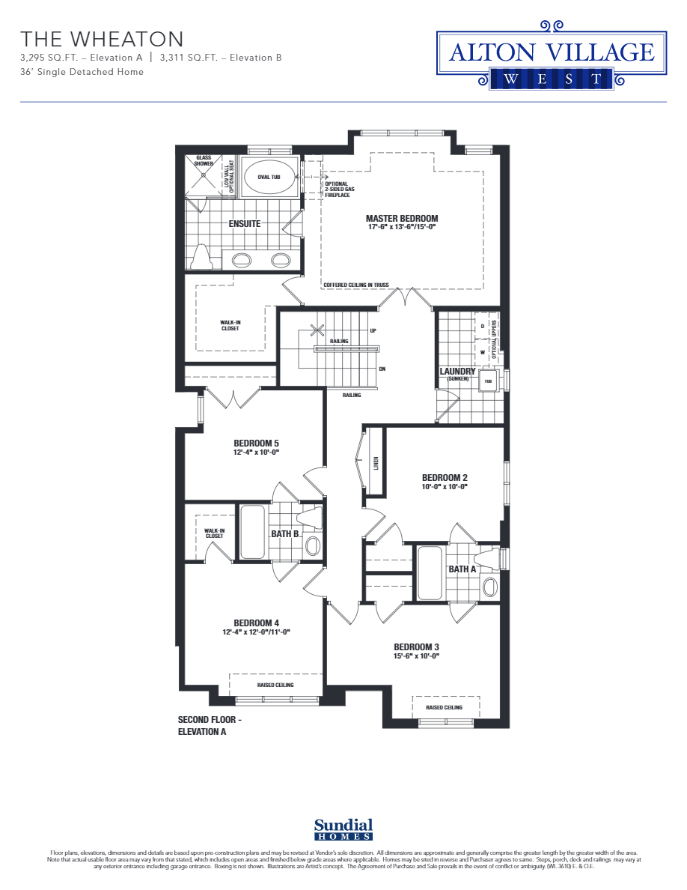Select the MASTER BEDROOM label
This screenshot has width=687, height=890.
click(402, 219)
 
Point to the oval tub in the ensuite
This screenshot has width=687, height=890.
click(269, 177)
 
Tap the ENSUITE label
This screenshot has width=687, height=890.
click(245, 223)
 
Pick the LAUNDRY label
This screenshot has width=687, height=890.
click(457, 371)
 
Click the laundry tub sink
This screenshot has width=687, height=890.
click(489, 381)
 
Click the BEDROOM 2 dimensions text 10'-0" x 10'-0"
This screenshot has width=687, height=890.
click(445, 487)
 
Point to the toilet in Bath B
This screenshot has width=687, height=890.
click(311, 517)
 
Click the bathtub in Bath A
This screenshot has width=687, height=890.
click(430, 573)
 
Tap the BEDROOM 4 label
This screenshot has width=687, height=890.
click(256, 623)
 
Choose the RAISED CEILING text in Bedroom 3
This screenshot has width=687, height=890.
click(444, 707)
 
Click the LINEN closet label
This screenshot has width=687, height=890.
click(376, 465)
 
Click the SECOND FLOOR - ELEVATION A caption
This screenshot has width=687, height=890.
click(210, 726)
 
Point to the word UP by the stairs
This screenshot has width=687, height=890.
click(373, 330)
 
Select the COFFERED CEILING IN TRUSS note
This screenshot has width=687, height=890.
click(355, 285)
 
